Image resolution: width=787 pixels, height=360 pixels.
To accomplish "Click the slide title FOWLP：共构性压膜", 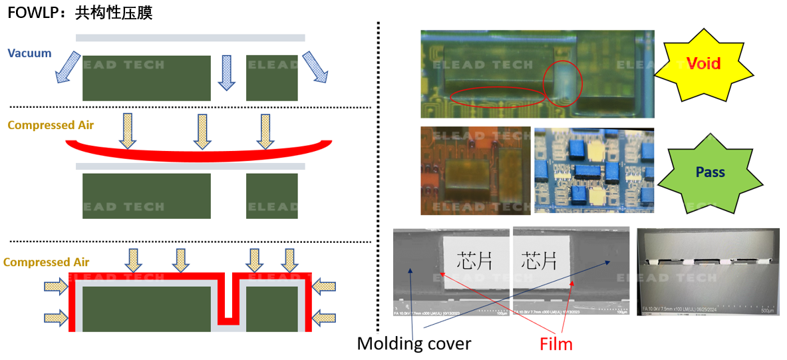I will tap(80, 13).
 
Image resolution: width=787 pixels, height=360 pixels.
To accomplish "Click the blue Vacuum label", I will tap(29, 53).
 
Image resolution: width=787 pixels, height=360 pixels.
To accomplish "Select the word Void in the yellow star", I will tap(704, 63).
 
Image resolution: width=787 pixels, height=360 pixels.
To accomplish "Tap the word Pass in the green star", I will tap(710, 172).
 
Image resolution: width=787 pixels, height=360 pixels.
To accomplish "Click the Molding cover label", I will tap(414, 343).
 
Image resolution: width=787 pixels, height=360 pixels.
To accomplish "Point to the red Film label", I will tap(556, 343).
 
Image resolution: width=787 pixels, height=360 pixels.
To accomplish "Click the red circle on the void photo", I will tap(562, 83).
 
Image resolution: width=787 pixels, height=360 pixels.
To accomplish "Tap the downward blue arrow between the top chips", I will tap(227, 72).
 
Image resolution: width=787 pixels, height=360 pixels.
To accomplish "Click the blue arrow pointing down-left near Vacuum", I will tap(67, 67).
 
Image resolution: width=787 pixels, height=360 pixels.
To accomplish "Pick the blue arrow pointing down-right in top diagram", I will tap(315, 66).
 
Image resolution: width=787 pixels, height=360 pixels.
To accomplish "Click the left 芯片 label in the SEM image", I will tap(474, 260).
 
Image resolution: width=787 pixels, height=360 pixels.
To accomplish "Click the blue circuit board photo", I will tap(593, 170).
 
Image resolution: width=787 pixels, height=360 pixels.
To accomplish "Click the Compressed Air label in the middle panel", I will tap(51, 125).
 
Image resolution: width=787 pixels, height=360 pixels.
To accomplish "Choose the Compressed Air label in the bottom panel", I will tap(46, 262).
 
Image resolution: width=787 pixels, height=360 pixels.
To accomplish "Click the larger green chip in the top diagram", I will tap(146, 78).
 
